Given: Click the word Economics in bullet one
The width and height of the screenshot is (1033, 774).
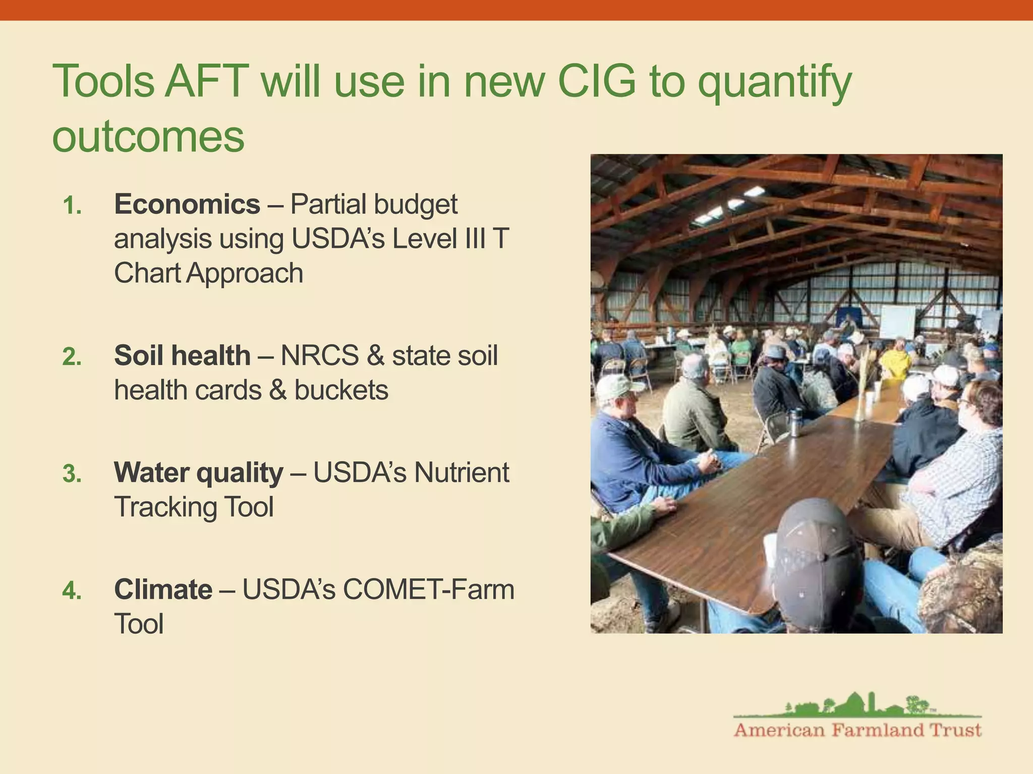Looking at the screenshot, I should tap(187, 205).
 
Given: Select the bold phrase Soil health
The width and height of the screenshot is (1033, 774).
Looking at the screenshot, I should tap(182, 356).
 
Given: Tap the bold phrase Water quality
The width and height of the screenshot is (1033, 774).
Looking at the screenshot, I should tap(198, 473).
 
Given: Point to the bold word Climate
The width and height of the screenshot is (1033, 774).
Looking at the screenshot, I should tap(163, 590).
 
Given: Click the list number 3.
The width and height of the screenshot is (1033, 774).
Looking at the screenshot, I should tap(72, 474).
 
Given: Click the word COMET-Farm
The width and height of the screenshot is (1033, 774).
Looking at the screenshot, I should tap(428, 590).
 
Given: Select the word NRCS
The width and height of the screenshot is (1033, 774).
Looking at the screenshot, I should tap(319, 356).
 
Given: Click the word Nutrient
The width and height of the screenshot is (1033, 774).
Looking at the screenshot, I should tap(462, 473).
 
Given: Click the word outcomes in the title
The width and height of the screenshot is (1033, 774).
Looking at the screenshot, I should tap(148, 137).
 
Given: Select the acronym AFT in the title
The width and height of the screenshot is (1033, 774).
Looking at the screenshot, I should tap(207, 81).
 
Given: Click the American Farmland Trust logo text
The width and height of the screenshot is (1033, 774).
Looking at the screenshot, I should tap(857, 730).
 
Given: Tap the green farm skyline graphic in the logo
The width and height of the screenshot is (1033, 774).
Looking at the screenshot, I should tap(857, 704).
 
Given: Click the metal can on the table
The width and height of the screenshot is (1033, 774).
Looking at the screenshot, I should tap(795, 422).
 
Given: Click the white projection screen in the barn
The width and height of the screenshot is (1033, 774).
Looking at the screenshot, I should tap(897, 322).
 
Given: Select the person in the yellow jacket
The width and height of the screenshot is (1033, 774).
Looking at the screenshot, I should tap(895, 360).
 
